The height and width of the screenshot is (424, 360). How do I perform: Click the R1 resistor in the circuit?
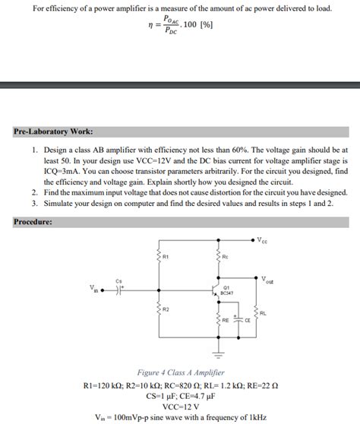tap(159, 259)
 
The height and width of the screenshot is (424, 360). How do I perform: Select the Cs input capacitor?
tap(119, 289)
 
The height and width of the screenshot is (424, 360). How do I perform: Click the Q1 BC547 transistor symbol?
tap(214, 289)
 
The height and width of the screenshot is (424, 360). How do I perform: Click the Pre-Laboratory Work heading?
tap(52, 131)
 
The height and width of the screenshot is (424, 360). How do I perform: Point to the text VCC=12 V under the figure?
tap(179, 407)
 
